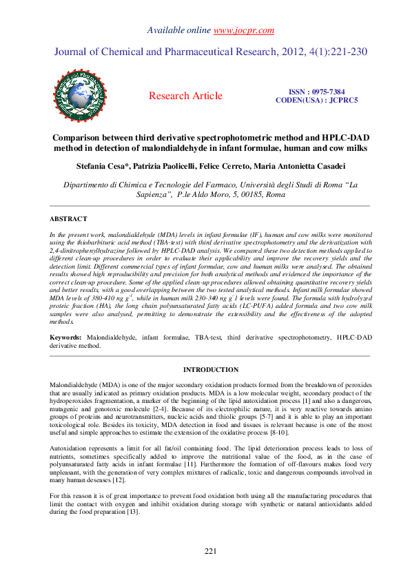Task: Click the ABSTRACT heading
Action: click(x=68, y=219)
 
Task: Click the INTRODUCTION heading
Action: click(x=210, y=370)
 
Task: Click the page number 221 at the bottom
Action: click(x=211, y=551)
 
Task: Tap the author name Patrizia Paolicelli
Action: click(x=170, y=166)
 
